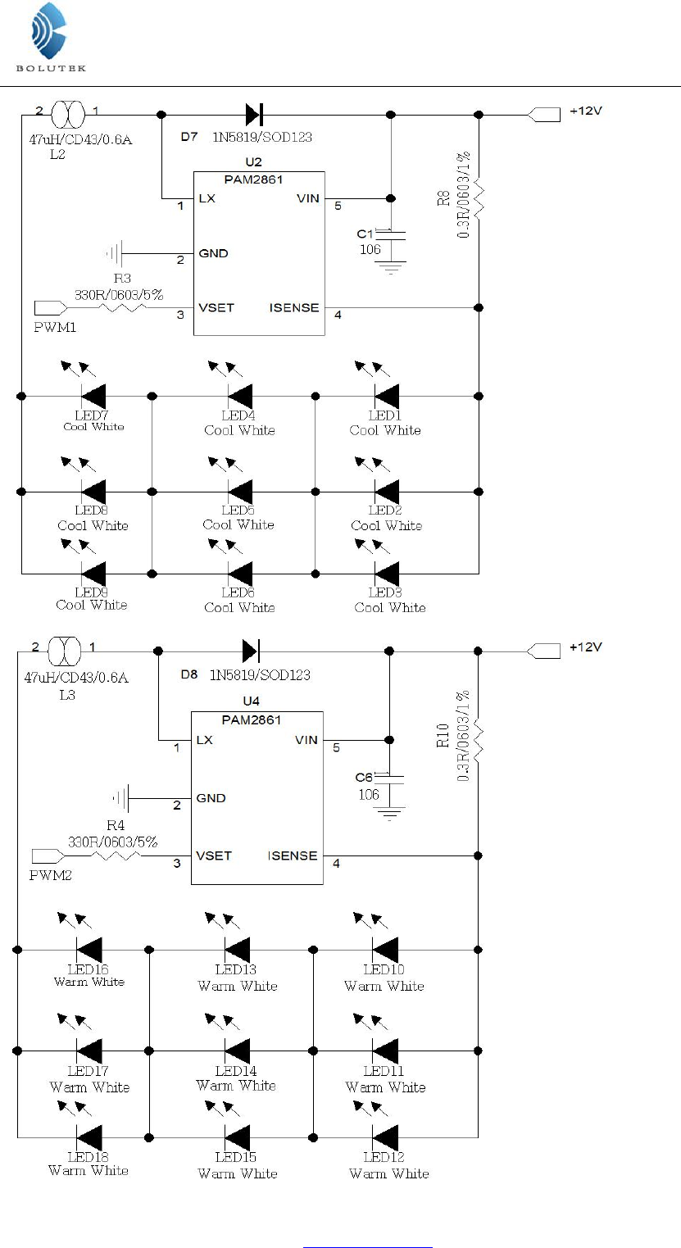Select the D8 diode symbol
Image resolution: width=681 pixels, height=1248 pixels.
[251, 651]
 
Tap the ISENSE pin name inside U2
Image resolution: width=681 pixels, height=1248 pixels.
[294, 308]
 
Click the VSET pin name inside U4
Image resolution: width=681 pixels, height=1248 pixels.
[214, 855]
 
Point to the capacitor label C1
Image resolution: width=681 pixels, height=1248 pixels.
[366, 234]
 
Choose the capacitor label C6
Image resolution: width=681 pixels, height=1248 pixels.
[365, 778]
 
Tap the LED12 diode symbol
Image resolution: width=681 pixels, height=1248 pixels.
[385, 1137]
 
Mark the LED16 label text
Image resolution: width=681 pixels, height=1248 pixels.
[89, 969]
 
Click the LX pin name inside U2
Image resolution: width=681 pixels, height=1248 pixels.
[207, 198]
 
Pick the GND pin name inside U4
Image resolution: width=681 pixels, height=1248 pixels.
[211, 798]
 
